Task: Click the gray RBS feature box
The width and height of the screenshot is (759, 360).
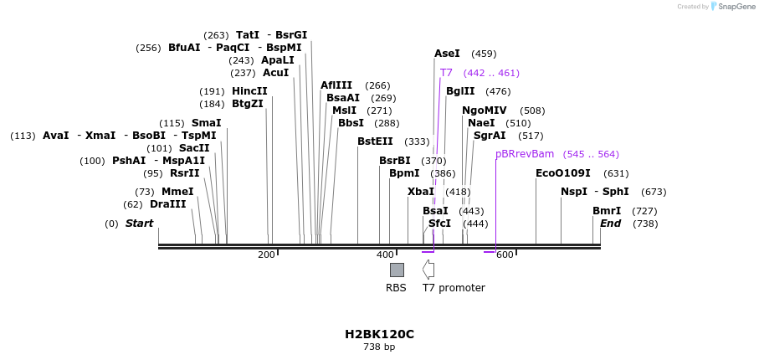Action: pyautogui.click(x=397, y=270)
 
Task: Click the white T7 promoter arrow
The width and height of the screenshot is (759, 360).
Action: pyautogui.click(x=428, y=270)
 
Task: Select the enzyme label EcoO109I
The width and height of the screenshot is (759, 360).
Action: pyautogui.click(x=562, y=173)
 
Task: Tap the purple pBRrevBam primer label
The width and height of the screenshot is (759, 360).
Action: pyautogui.click(x=525, y=154)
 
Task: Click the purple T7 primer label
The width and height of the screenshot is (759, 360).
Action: pyautogui.click(x=446, y=73)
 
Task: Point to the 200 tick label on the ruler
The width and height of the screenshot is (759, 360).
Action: pyautogui.click(x=266, y=255)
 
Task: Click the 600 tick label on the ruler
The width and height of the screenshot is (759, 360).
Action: pyautogui.click(x=505, y=255)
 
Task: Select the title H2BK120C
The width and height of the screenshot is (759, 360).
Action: pyautogui.click(x=379, y=334)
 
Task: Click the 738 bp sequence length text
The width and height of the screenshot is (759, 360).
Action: pyautogui.click(x=379, y=347)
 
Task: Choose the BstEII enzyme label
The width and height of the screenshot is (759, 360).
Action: pyautogui.click(x=375, y=141)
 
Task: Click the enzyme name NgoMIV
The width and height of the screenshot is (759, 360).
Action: pyautogui.click(x=485, y=111)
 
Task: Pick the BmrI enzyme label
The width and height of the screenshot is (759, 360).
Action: pyautogui.click(x=607, y=211)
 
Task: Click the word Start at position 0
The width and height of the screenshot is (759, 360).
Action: pyautogui.click(x=140, y=224)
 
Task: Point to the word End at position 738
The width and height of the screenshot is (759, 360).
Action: pyautogui.click(x=610, y=224)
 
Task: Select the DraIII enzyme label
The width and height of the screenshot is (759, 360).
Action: pyautogui.click(x=167, y=204)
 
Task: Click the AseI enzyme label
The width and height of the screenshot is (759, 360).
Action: pyautogui.click(x=447, y=54)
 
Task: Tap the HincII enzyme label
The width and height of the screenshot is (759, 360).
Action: pyautogui.click(x=249, y=91)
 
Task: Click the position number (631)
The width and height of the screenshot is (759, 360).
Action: pyautogui.click(x=616, y=173)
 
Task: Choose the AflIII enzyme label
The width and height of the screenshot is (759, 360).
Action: pyautogui.click(x=336, y=85)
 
